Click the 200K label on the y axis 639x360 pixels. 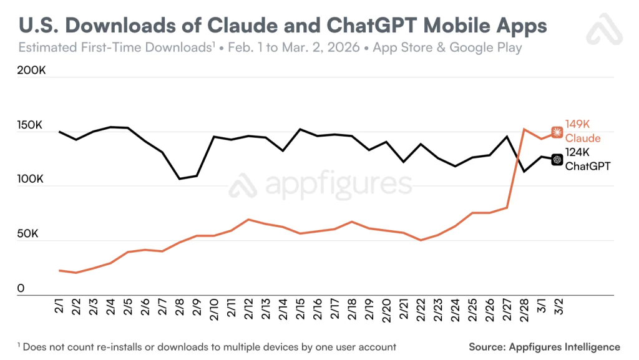32,71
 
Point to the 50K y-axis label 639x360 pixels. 29,235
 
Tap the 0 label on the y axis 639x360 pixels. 21,289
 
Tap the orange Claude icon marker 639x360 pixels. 557,132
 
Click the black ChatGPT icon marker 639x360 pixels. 557,160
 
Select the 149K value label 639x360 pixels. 578,124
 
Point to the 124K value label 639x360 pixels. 577,152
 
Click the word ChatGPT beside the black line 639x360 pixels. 587,166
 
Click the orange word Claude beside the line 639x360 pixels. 583,138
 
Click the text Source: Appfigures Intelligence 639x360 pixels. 544,347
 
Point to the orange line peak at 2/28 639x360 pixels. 524,129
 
